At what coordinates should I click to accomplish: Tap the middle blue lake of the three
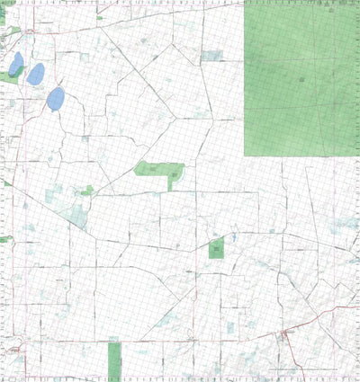pos(35,74)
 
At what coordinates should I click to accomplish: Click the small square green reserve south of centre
pos(216,249)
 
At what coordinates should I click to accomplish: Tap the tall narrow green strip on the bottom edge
pos(114,360)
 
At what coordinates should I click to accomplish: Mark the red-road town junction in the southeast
pos(285,333)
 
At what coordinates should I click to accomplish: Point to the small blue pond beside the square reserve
pos(232,237)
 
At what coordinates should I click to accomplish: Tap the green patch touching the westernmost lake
pos(8,76)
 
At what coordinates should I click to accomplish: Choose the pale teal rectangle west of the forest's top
pos(212,56)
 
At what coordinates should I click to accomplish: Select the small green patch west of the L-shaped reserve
pos(87,191)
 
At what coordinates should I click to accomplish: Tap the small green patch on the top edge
pos(100,16)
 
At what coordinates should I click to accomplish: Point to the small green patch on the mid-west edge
pos(5,239)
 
